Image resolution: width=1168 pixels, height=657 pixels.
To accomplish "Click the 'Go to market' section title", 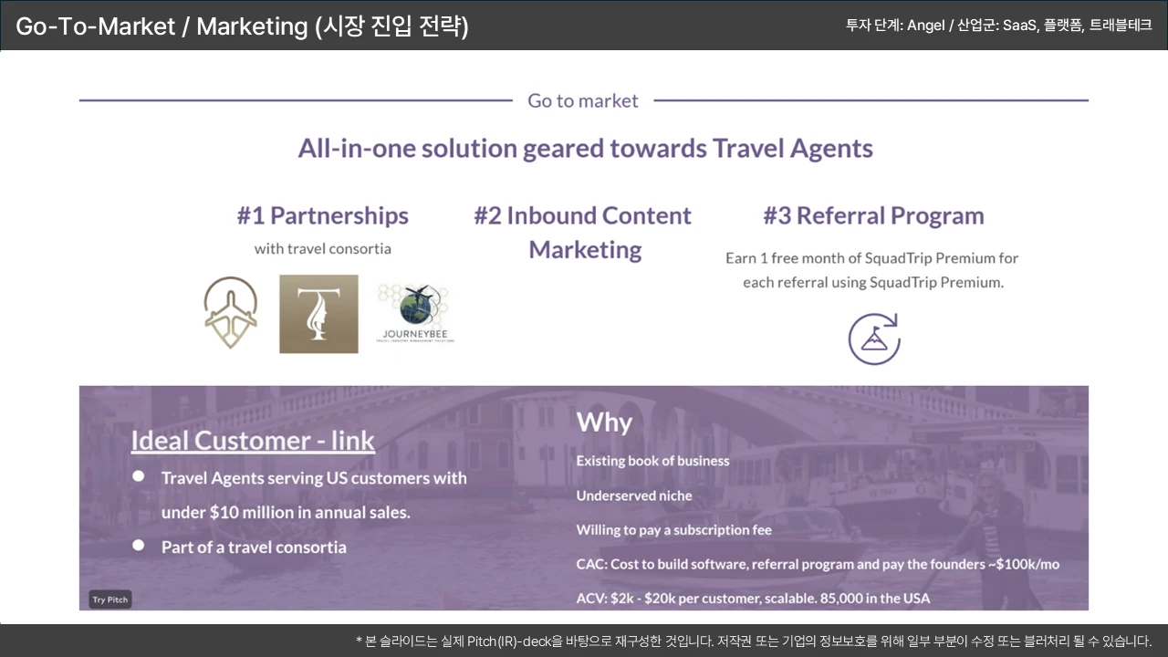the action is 582,100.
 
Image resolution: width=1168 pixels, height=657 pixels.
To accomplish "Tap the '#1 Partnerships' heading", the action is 323,215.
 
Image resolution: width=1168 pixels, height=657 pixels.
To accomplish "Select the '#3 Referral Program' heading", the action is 873,215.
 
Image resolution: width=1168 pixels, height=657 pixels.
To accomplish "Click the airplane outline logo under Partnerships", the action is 231,312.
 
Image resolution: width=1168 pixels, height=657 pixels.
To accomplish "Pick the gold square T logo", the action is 318,314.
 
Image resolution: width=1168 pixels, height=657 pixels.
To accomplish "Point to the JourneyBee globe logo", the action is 415,313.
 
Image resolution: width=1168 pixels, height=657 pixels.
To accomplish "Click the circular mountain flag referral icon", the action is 874,339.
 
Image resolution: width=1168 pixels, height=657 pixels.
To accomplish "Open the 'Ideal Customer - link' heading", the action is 253,441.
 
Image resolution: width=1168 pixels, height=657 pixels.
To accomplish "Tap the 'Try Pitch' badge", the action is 110,600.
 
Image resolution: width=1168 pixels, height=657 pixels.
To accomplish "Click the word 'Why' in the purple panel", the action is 604,422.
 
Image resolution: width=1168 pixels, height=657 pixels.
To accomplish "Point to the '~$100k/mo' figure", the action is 1024,564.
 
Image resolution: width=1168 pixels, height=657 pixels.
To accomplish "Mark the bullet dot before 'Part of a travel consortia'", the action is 138,546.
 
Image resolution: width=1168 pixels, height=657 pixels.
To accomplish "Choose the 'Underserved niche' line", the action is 634,495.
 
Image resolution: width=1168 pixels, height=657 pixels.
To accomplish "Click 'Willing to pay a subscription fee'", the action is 673,530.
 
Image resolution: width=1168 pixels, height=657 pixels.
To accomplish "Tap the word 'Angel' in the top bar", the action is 926,26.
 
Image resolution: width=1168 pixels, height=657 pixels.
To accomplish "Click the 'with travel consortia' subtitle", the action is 323,249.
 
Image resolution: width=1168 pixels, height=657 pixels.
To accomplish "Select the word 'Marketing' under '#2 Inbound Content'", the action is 585,250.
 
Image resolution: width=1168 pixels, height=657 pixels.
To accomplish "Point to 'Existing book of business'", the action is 652,461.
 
